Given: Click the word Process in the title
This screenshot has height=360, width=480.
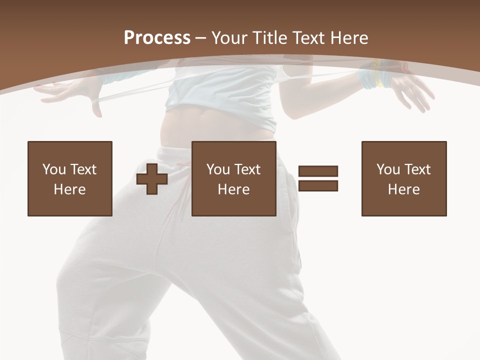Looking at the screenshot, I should [157, 38].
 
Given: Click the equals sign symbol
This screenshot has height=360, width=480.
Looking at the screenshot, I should [318, 178].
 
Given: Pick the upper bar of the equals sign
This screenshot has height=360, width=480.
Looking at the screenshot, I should [318, 171].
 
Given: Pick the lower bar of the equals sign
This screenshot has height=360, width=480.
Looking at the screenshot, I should [318, 185].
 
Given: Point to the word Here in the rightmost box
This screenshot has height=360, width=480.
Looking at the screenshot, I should [404, 189].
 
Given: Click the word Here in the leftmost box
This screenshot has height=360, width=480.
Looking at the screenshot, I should [70, 189].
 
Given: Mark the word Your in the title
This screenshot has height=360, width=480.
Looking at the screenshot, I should [228, 38].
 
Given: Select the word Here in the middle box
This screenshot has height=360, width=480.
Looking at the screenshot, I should [234, 189].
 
